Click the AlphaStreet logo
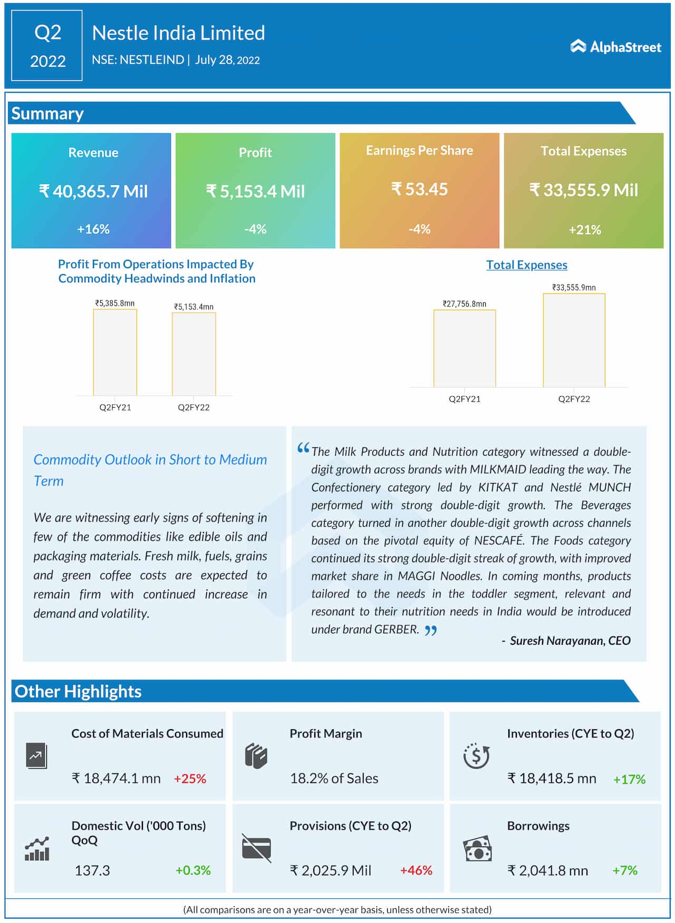click(615, 47)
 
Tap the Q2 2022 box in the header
click(47, 46)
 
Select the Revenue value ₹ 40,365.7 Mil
click(93, 191)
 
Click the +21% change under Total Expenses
click(584, 230)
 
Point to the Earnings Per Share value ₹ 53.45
click(419, 189)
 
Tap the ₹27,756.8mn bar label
click(464, 304)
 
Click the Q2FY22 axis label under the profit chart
click(194, 407)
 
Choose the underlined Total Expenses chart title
click(526, 265)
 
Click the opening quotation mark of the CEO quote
click(303, 448)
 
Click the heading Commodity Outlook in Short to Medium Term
click(150, 470)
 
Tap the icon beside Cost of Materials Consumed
click(36, 756)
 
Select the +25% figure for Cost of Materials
click(190, 779)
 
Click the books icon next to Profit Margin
click(256, 756)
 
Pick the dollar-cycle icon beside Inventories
click(476, 756)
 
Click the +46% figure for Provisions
click(416, 870)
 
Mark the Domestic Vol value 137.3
click(92, 870)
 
